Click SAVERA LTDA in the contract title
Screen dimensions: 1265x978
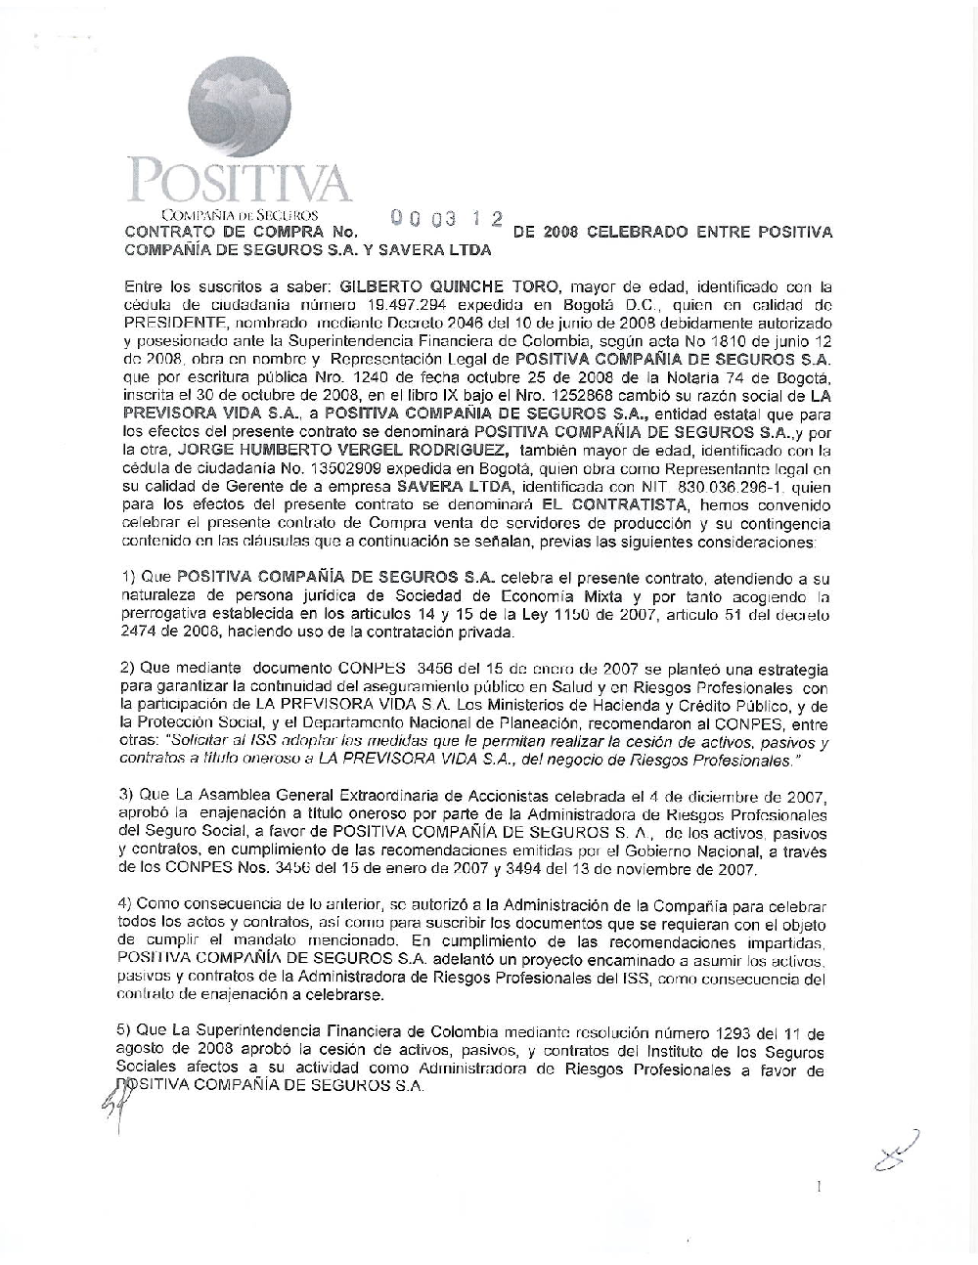click(x=442, y=250)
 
